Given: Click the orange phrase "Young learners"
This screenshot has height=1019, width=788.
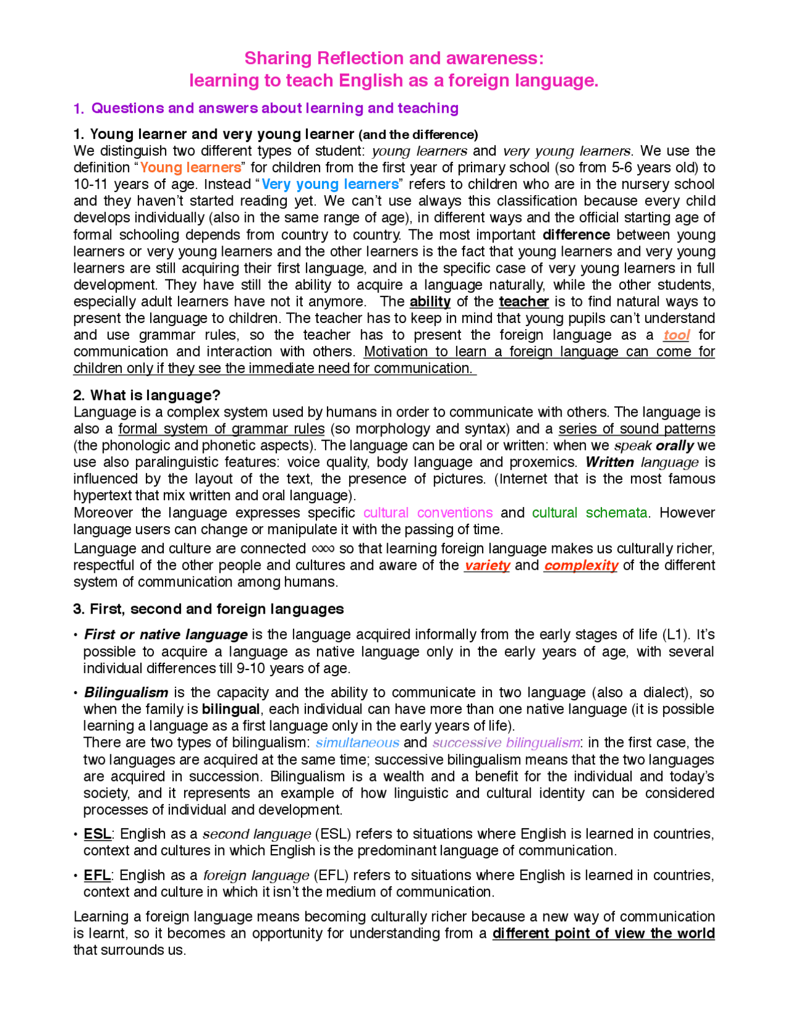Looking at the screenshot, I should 190,167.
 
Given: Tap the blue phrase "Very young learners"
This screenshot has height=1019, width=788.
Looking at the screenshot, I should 330,184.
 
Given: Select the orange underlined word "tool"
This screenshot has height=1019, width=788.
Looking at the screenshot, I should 676,335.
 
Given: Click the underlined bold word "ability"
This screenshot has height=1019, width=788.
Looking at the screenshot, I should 430,302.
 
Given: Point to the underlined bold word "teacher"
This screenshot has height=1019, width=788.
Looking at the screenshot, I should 523,302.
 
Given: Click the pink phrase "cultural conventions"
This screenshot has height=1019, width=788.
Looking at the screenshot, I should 428,513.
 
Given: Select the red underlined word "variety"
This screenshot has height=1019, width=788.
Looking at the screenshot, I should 487,565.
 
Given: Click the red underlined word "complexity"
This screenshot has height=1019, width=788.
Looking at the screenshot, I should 581,565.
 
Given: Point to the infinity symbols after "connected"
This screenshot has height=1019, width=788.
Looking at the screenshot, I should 323,548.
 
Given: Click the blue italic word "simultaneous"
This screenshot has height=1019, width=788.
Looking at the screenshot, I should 357,743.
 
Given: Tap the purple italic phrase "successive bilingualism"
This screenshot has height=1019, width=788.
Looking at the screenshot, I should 506,743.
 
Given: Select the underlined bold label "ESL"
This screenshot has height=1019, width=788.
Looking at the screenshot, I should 97,834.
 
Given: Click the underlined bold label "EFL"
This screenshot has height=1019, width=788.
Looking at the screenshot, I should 97,875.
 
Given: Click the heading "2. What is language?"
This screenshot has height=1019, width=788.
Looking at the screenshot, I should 147,395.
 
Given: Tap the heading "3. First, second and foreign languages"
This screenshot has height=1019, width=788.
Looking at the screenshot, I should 208,609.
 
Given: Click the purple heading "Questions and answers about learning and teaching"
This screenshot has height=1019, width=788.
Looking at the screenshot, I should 275,108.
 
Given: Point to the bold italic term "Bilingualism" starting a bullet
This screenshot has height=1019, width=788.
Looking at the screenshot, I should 126,692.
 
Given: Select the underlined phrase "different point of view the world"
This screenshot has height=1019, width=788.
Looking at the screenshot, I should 603,933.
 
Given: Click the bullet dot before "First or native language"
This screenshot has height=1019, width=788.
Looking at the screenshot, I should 76,635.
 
